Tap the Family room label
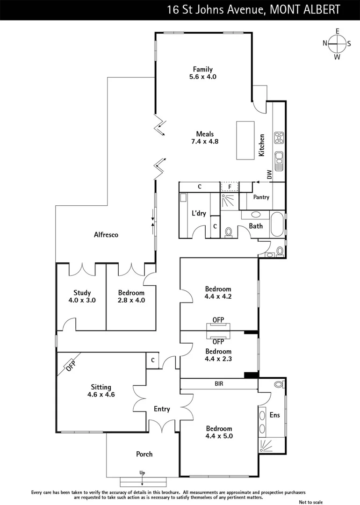tap(202, 70)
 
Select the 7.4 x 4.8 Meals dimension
tap(205, 142)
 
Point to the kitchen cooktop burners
tap(279, 137)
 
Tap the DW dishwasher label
tap(269, 174)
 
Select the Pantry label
tap(261, 197)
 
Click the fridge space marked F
tap(230, 187)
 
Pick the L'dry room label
tap(199, 213)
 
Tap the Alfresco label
tap(106, 235)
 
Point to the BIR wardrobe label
tap(219, 384)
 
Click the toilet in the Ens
tap(279, 384)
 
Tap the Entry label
tap(162, 409)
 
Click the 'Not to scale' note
tap(311, 502)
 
